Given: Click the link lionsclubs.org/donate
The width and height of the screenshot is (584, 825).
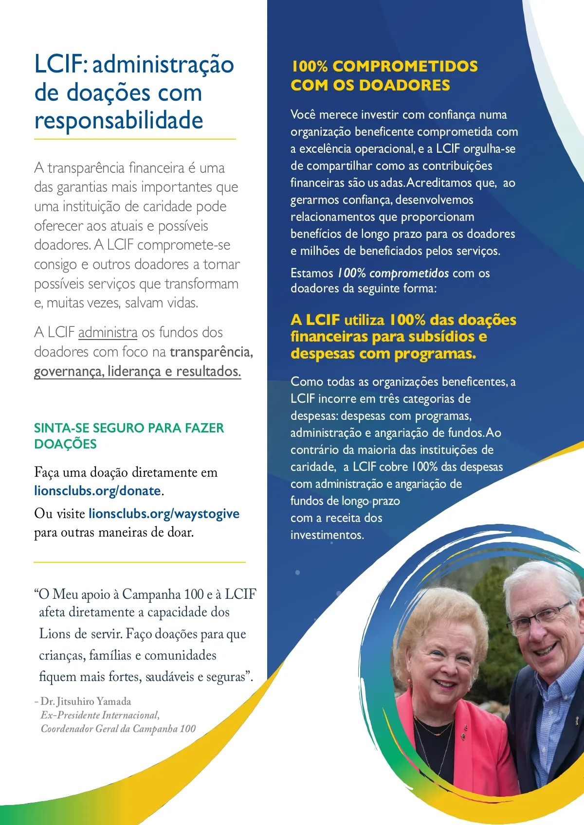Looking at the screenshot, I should click(97, 491).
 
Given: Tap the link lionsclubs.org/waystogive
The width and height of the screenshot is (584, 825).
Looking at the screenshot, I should click(164, 514).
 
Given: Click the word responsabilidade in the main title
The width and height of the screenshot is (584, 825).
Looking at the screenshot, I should click(119, 121).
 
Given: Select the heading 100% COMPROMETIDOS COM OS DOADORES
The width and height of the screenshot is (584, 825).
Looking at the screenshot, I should click(384, 75).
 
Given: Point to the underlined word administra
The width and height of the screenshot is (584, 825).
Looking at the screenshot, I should click(108, 333).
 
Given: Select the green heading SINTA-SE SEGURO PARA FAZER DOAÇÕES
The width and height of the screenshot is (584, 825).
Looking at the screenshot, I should click(129, 436).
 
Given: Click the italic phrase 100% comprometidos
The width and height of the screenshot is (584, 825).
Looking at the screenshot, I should click(393, 273).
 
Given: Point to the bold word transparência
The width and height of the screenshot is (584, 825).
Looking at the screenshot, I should click(211, 352).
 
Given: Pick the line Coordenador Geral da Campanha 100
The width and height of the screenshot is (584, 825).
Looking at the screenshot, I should click(118, 729).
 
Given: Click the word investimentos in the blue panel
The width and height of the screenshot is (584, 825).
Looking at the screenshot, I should click(327, 535).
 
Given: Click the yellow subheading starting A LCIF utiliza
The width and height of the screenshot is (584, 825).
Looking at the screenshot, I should click(403, 337).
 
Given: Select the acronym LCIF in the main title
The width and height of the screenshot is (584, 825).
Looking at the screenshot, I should click(58, 65).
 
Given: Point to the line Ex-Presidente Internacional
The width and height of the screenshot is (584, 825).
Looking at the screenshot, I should click(100, 715).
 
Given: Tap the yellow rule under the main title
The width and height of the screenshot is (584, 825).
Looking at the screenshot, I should click(135, 140).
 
